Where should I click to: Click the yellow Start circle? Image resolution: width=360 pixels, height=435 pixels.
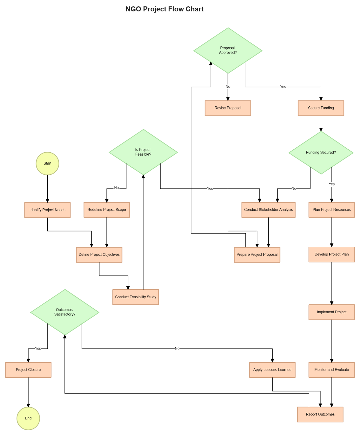(x=47, y=163)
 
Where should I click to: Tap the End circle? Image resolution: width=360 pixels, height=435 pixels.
(x=28, y=418)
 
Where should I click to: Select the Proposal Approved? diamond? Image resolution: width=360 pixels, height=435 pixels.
(x=228, y=50)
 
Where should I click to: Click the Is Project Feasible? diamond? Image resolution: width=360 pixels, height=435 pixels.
(x=143, y=152)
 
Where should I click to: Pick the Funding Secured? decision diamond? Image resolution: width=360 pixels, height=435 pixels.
(x=321, y=153)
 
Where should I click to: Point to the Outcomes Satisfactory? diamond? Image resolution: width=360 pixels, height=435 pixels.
(x=65, y=312)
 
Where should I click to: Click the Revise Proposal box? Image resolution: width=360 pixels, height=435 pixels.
(x=228, y=108)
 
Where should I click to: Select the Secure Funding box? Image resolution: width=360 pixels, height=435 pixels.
(x=321, y=108)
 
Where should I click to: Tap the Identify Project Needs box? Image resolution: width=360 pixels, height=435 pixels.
(x=47, y=210)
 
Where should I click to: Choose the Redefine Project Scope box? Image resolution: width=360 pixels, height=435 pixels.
(x=107, y=210)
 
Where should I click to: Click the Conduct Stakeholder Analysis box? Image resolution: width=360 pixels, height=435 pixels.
(x=268, y=210)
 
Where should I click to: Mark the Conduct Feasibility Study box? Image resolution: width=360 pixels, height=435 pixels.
(x=136, y=297)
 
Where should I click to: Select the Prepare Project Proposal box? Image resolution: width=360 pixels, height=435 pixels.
(x=257, y=255)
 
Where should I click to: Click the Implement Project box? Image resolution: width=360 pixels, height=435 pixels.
(x=331, y=312)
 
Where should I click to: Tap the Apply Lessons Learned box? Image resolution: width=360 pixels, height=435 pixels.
(x=272, y=370)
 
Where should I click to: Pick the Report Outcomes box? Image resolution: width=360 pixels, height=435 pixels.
(x=320, y=414)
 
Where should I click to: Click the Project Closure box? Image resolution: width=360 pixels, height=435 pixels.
(x=28, y=370)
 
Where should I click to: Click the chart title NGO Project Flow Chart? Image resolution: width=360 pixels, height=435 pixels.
(x=164, y=9)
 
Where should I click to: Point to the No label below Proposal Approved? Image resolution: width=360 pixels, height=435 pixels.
(x=228, y=87)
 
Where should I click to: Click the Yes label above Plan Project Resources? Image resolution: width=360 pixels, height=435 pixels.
(x=331, y=184)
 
